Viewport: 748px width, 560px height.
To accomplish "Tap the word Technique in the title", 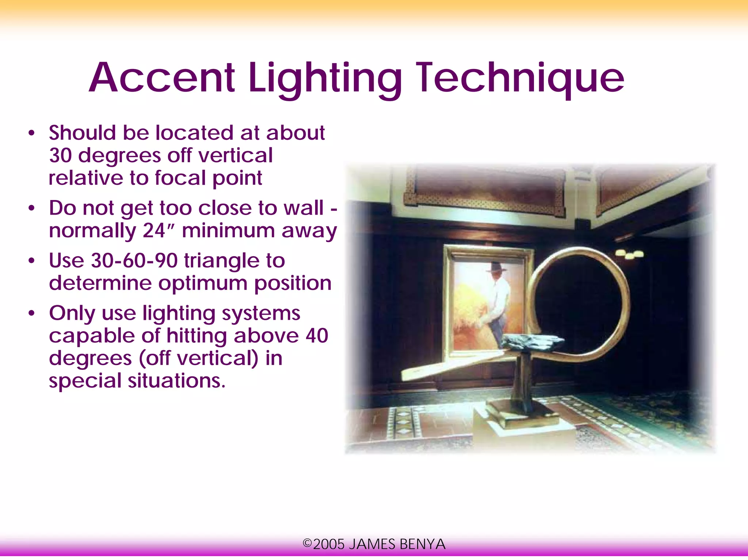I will [x=520, y=78].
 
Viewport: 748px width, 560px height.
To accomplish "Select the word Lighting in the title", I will [x=325, y=78].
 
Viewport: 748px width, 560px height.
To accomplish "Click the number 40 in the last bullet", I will [x=317, y=335].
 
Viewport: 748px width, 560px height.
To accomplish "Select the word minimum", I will [x=228, y=231].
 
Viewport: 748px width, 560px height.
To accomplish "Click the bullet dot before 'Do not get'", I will [x=32, y=208].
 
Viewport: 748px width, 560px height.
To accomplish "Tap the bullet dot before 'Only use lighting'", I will [x=32, y=313].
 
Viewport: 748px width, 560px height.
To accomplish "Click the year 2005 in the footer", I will [x=328, y=544].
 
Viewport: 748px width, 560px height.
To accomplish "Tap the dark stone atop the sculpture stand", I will [x=533, y=341].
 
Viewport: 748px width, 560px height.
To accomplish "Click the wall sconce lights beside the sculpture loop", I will [x=629, y=254].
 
